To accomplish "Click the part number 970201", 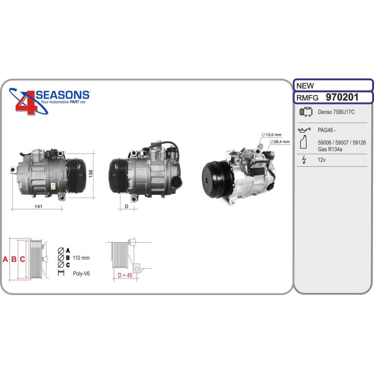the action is pos(342,97).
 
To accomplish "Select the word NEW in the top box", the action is pos(305,86).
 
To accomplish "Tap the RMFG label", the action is pos(307,98).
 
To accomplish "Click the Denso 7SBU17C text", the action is pos(336,112).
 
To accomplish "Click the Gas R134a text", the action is pos(330,149).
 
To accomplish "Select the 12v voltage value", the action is pos(322,160).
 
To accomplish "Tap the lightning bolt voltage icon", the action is pos(304,159).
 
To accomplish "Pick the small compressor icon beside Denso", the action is pos(306,112).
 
